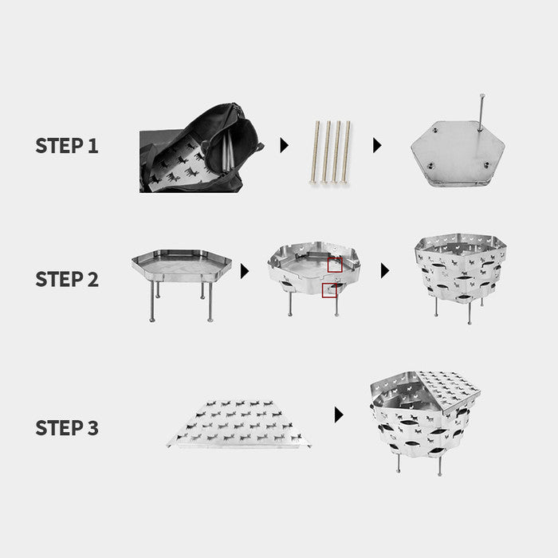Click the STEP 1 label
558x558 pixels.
click(x=67, y=146)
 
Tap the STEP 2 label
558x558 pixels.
click(x=67, y=279)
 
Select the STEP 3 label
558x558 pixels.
click(x=67, y=428)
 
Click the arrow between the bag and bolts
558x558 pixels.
click(x=284, y=145)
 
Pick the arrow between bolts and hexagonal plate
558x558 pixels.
click(x=377, y=145)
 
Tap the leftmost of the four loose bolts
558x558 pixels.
click(x=315, y=152)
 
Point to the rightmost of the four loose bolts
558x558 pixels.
click(x=346, y=152)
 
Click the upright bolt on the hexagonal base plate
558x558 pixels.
click(x=481, y=112)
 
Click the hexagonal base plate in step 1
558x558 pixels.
click(x=458, y=153)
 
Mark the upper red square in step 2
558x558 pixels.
click(x=335, y=265)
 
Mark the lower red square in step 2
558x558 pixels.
click(x=329, y=290)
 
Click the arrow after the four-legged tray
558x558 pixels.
click(x=245, y=271)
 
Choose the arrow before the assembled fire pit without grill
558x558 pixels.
click(x=385, y=271)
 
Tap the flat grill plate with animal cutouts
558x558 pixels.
click(x=238, y=423)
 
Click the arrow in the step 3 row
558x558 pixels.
click(x=339, y=415)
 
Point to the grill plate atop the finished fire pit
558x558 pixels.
click(x=449, y=391)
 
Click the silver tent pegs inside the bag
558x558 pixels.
click(x=228, y=153)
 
